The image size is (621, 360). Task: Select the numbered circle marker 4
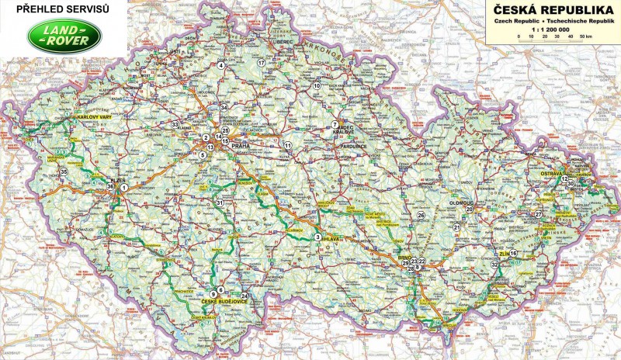(x=221, y=66)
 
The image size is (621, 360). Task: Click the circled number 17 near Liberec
(x=261, y=61)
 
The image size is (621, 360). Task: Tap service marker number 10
(x=317, y=86)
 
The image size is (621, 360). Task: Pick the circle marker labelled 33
(x=175, y=125)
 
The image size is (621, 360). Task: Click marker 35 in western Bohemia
(x=64, y=171)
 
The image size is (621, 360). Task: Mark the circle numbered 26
(x=422, y=215)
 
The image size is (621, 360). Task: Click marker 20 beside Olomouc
(x=469, y=209)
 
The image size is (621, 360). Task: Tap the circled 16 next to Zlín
(x=513, y=254)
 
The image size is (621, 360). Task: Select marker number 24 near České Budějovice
(x=245, y=296)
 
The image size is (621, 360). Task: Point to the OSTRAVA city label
(x=553, y=175)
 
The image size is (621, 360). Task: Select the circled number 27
(x=539, y=214)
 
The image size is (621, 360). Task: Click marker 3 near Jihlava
(x=317, y=237)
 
